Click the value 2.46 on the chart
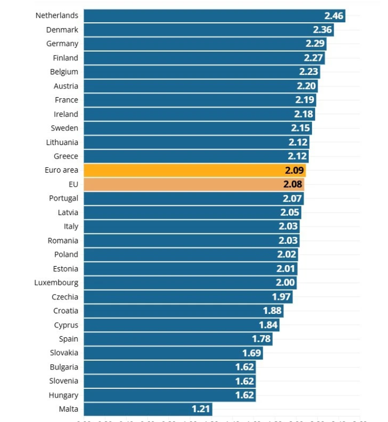334,16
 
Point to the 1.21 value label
200,409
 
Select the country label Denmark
62,30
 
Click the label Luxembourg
56,283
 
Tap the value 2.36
322,30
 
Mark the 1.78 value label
261,339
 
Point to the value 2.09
294,170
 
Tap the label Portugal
63,198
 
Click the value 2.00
285,283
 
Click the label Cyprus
66,325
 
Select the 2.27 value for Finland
313,58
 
